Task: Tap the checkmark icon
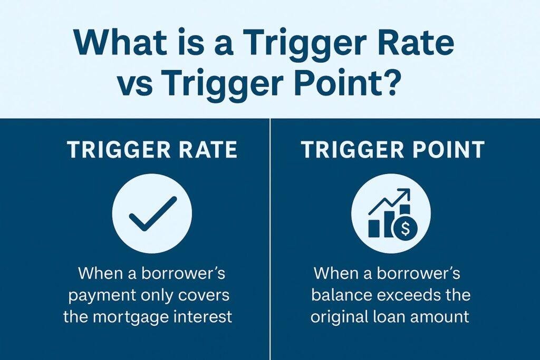click(152, 213)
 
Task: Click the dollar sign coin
click(406, 228)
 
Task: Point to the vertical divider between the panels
click(271, 239)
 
